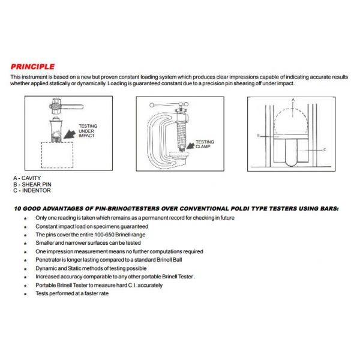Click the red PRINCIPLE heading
click(32, 67)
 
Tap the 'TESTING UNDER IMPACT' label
click(88, 131)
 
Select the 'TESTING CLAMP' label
click(205, 144)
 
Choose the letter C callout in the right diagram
click(324, 149)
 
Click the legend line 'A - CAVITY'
click(27, 178)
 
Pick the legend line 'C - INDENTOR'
click(32, 190)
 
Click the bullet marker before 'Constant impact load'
click(25, 227)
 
